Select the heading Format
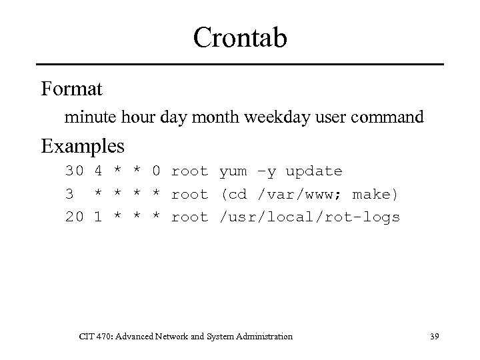71,88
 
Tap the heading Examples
83,145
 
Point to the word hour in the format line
137,118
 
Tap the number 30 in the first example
74,171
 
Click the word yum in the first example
234,171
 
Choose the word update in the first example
314,171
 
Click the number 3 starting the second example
69,194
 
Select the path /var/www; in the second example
299,194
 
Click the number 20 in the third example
74,217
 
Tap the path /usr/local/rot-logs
310,217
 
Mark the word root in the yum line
189,171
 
